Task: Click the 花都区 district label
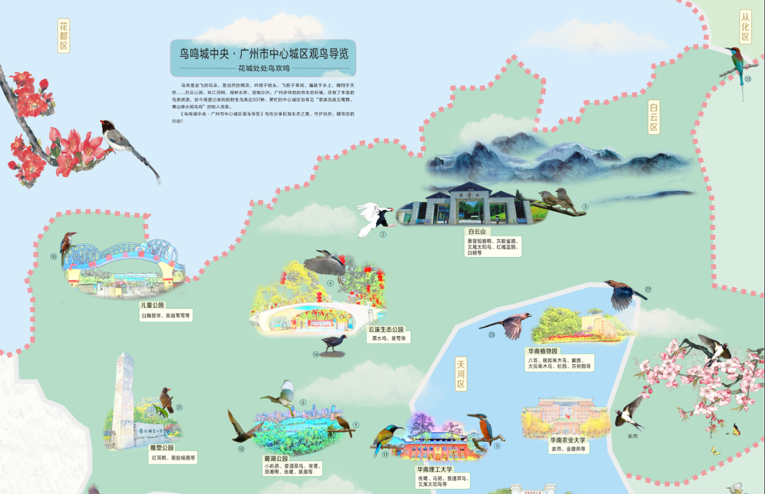(x=63, y=36)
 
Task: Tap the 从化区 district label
(x=745, y=27)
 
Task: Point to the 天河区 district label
(x=460, y=374)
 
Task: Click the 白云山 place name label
(x=477, y=231)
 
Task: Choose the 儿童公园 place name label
(x=153, y=305)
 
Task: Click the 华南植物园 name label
(x=542, y=351)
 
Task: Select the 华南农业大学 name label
(x=567, y=440)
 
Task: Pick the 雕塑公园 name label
(x=161, y=448)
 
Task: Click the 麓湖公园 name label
(x=276, y=458)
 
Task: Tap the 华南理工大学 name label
(x=434, y=470)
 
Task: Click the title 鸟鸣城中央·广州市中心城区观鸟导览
(x=263, y=53)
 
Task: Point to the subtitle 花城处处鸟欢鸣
(x=263, y=68)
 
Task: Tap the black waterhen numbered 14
(x=334, y=343)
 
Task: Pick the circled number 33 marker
(x=748, y=79)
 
